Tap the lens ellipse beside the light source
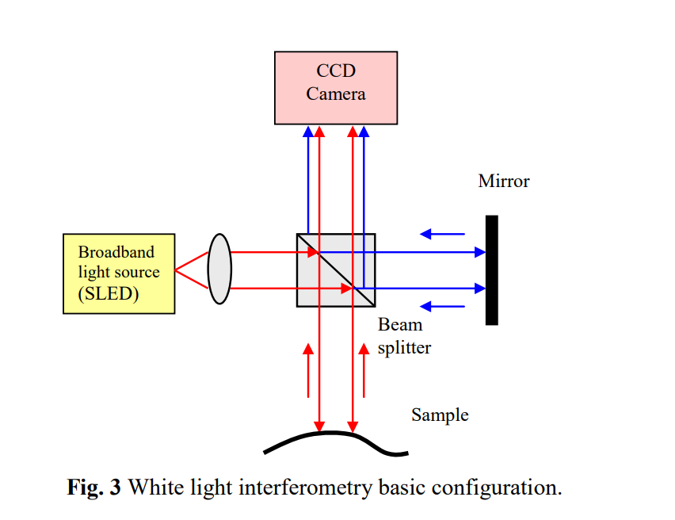(219, 268)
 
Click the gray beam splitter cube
(336, 270)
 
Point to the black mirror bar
(492, 270)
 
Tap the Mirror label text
(504, 181)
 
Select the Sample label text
(440, 415)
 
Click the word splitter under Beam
(404, 347)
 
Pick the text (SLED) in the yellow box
(109, 293)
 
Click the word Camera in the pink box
(336, 94)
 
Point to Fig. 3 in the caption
(93, 487)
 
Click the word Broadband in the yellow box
(116, 252)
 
